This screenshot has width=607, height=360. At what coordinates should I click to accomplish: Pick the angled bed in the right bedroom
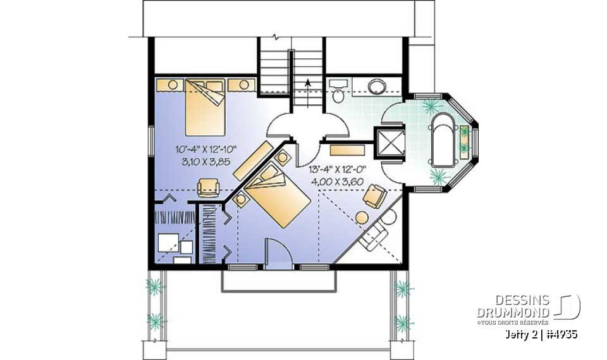(275, 196)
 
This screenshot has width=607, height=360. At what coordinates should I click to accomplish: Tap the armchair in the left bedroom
(208, 186)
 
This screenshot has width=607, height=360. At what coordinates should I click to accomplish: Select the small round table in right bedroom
(362, 217)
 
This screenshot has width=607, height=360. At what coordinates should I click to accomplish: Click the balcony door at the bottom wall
(277, 256)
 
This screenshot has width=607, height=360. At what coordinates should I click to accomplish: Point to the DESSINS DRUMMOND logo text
(513, 306)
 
